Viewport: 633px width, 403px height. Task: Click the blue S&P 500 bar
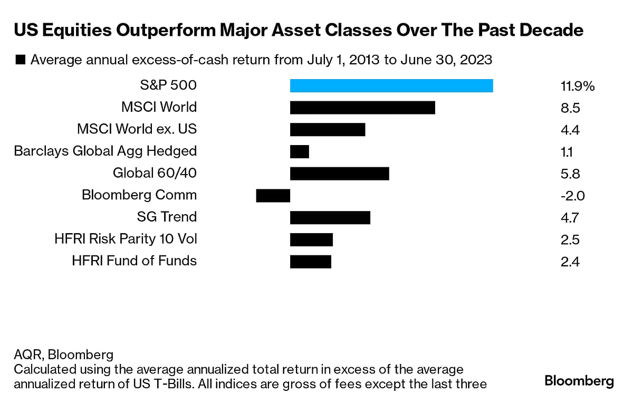(391, 85)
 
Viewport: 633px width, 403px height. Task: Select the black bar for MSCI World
(362, 108)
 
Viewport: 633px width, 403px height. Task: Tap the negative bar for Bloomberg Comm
(273, 196)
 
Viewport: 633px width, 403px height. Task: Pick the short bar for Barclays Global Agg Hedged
(300, 152)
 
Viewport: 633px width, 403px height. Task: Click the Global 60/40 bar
(340, 174)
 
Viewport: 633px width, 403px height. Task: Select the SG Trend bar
(330, 217)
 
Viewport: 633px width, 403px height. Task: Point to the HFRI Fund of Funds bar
(311, 261)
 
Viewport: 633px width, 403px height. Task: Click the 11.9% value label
(578, 87)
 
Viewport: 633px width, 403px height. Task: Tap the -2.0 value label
(572, 196)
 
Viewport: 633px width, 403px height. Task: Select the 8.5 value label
(570, 109)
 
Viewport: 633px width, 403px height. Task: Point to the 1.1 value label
(567, 152)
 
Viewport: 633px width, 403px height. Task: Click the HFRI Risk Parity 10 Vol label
(126, 239)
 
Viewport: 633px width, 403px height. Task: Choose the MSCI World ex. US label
(137, 129)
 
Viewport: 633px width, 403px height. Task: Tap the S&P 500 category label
(166, 85)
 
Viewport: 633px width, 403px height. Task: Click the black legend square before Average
(20, 60)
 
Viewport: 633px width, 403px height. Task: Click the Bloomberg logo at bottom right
(579, 381)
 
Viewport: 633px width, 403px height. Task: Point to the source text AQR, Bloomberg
(64, 354)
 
